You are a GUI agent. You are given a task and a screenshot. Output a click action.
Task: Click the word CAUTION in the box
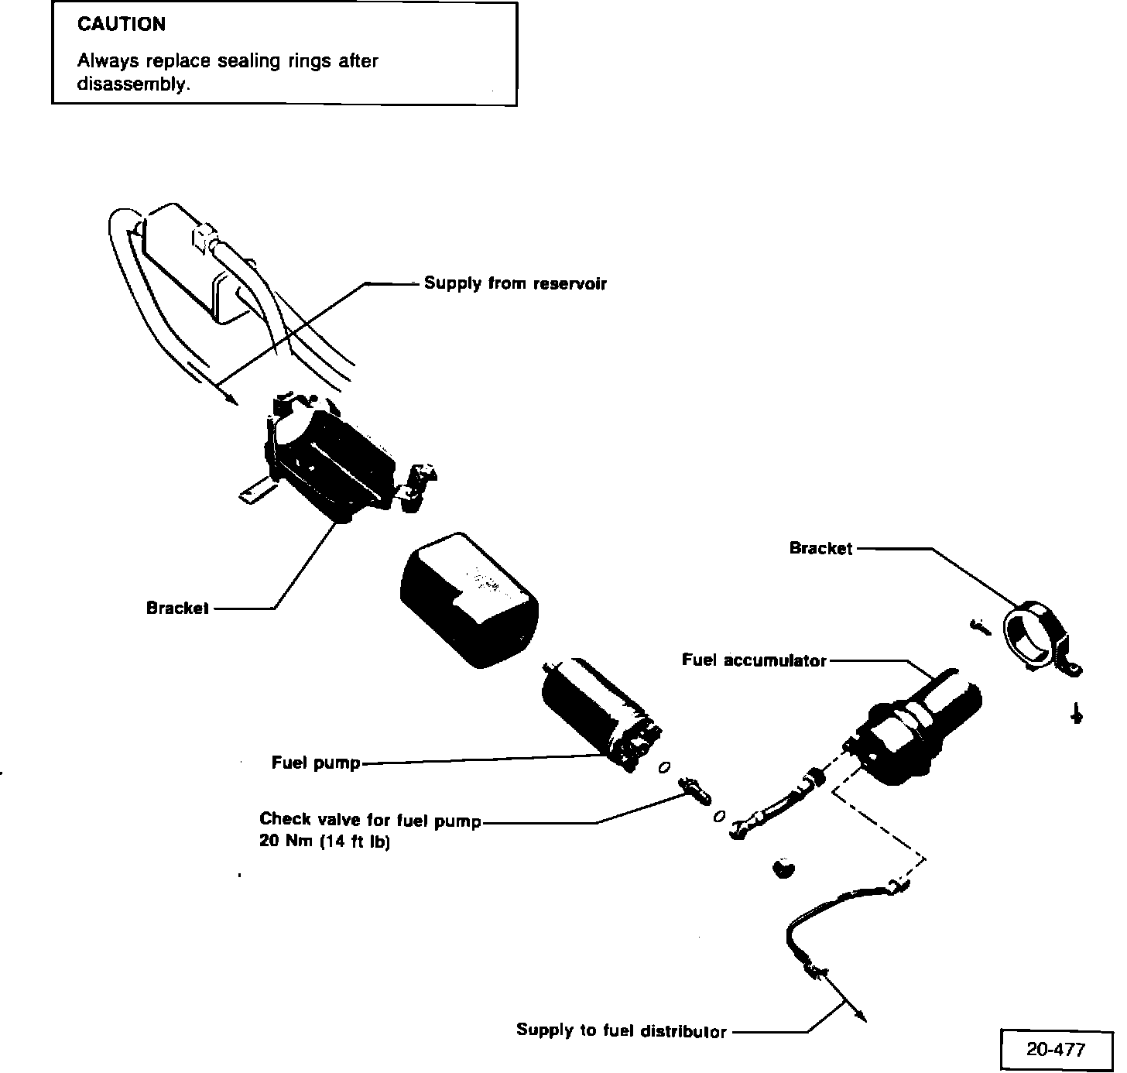(x=122, y=25)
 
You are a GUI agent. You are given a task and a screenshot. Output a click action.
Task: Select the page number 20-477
(x=1056, y=1050)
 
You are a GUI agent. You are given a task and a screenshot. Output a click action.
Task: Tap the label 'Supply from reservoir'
(x=515, y=283)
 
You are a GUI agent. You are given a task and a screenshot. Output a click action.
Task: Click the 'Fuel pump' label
(x=316, y=763)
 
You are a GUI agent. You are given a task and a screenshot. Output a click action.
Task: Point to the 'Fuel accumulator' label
(x=754, y=660)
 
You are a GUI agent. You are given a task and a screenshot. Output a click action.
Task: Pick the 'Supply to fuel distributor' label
(x=621, y=1030)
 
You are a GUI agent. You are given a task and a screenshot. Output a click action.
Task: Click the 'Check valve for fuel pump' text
(x=370, y=820)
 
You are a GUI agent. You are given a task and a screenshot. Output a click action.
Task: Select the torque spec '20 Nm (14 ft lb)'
(x=324, y=842)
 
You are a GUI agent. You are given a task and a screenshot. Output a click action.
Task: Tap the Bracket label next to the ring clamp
(x=820, y=548)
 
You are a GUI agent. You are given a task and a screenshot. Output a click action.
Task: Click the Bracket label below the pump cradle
(x=177, y=608)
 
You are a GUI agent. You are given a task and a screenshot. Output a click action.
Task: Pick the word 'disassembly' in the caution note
(x=132, y=84)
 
